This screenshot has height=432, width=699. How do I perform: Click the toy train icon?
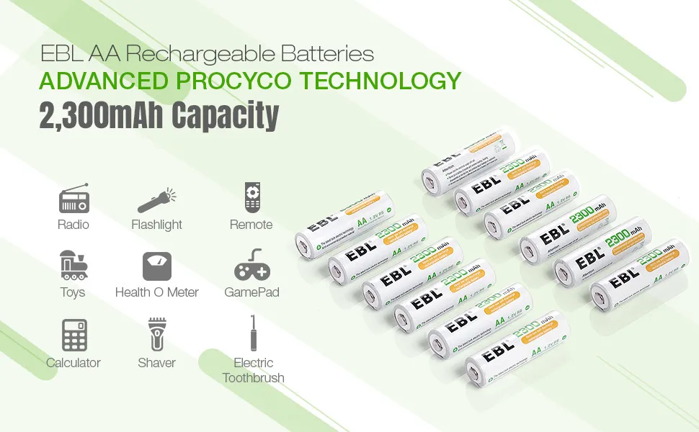[73, 265]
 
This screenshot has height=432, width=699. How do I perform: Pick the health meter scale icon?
[157, 266]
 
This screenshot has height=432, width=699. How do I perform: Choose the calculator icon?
[74, 335]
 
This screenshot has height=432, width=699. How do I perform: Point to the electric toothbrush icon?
[252, 332]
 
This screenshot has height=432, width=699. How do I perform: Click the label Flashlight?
[157, 225]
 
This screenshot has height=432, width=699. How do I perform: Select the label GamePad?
[251, 292]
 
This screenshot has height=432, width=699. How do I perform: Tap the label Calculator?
[74, 363]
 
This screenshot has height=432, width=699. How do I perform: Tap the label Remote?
[251, 225]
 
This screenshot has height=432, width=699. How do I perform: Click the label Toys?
[73, 292]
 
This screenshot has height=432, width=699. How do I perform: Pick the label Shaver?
[157, 363]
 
